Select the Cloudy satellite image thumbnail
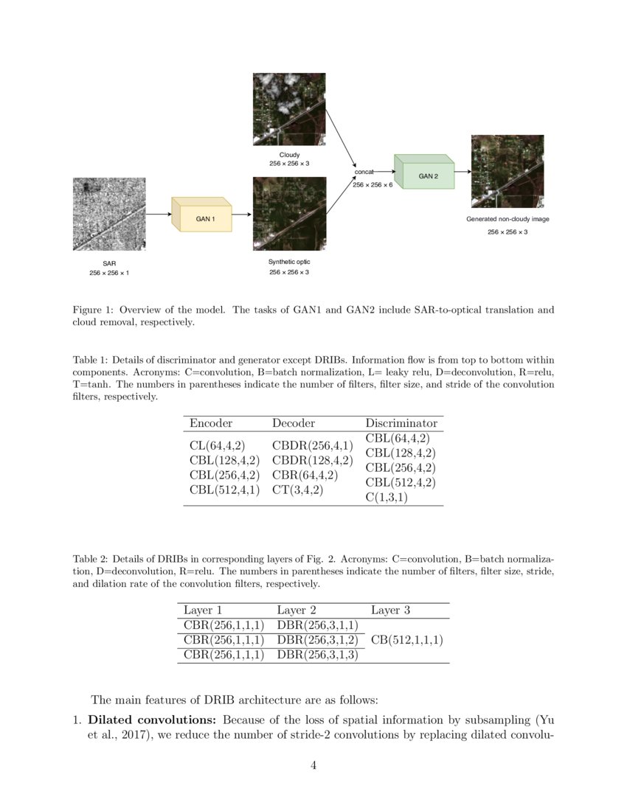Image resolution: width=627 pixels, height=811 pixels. coord(289,108)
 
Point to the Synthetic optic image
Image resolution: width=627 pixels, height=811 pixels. coord(289,214)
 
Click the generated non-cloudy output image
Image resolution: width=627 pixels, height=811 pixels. coord(508,171)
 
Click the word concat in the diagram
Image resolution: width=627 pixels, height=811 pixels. coord(365,171)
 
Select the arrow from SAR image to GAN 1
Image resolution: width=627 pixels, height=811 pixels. coord(159,215)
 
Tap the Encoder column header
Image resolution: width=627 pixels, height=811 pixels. coord(211,423)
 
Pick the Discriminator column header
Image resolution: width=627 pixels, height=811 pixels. coord(401,423)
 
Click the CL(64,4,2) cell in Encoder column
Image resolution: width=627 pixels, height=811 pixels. coord(218,445)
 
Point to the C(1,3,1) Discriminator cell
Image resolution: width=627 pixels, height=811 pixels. coord(386,497)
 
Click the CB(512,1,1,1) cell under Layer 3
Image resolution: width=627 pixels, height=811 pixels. coord(406,640)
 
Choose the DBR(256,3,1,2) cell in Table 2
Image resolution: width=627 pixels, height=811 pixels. coord(317,640)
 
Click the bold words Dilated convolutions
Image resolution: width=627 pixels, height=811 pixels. coord(152,720)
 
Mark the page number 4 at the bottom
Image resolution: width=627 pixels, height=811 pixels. coord(313,765)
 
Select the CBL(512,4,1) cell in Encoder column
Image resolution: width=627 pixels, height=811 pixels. coord(224,490)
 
